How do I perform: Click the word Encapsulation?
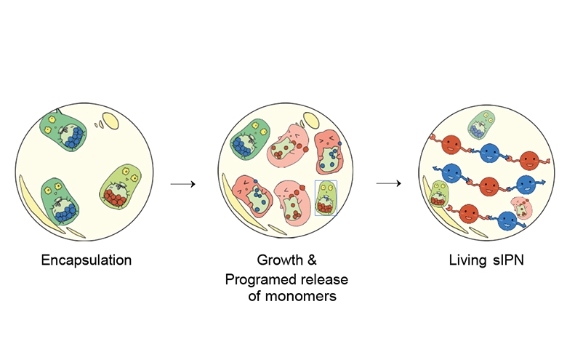[x=86, y=260]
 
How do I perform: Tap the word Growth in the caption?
[x=280, y=260]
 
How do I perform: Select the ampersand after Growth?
[x=312, y=260]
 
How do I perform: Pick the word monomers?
[x=300, y=296]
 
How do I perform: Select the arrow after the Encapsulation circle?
[x=182, y=184]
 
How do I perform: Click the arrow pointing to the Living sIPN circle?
[x=388, y=183]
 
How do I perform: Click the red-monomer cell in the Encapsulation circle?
[x=121, y=187]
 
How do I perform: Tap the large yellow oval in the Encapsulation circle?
[x=110, y=121]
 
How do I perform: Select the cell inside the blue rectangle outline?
[x=326, y=198]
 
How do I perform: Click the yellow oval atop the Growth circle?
[x=310, y=120]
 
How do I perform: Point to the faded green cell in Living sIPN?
[x=481, y=124]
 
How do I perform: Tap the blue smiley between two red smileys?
[x=490, y=153]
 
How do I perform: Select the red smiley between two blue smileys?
[x=489, y=187]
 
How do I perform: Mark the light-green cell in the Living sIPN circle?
[x=438, y=193]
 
